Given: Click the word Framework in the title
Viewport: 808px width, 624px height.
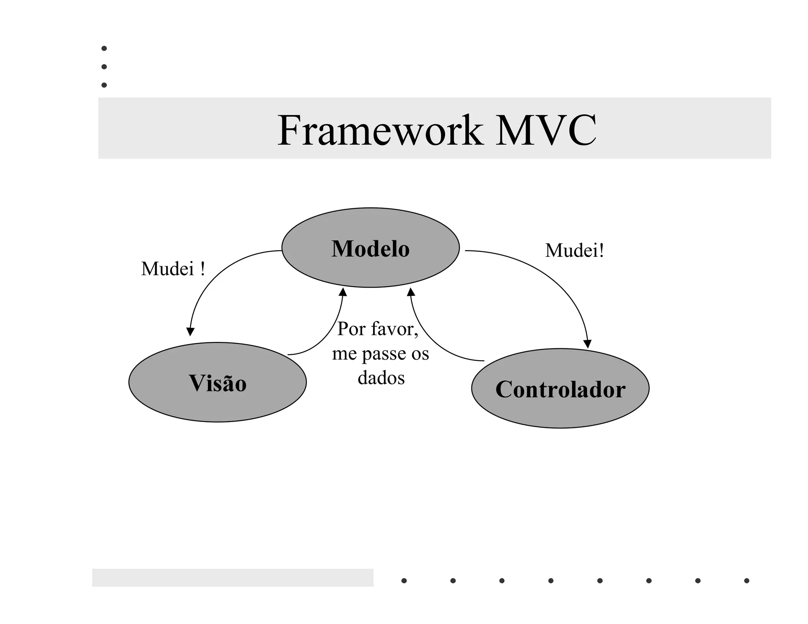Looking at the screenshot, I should click(x=380, y=131).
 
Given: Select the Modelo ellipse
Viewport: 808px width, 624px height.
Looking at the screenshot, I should click(x=370, y=248).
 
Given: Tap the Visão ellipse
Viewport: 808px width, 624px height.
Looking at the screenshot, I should click(x=217, y=383).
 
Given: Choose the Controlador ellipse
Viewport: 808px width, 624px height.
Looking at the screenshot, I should click(x=560, y=389).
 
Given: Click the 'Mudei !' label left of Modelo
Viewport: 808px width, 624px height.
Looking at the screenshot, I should click(x=173, y=269).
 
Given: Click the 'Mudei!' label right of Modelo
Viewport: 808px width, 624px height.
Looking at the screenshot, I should click(x=574, y=250).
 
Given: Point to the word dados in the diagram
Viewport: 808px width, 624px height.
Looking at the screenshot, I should click(x=381, y=378).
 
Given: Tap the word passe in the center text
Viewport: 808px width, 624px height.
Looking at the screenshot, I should click(x=385, y=353).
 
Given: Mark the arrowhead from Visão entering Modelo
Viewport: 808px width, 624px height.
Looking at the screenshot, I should click(x=343, y=292).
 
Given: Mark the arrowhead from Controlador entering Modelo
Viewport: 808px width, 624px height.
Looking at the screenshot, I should click(x=411, y=292).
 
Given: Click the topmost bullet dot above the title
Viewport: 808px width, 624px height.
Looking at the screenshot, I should click(x=104, y=49).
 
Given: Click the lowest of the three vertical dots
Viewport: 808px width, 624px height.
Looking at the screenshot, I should click(x=104, y=85).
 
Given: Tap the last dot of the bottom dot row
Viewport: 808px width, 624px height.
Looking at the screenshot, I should click(x=746, y=581).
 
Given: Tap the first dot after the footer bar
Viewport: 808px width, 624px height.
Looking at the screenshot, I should click(x=404, y=581).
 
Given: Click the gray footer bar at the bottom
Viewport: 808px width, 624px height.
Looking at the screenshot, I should click(x=232, y=577).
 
